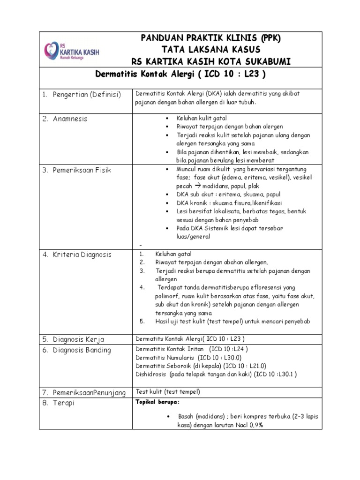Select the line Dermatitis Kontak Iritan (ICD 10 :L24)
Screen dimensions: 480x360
tap(192, 349)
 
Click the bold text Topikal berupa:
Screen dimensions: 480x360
tap(157, 402)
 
